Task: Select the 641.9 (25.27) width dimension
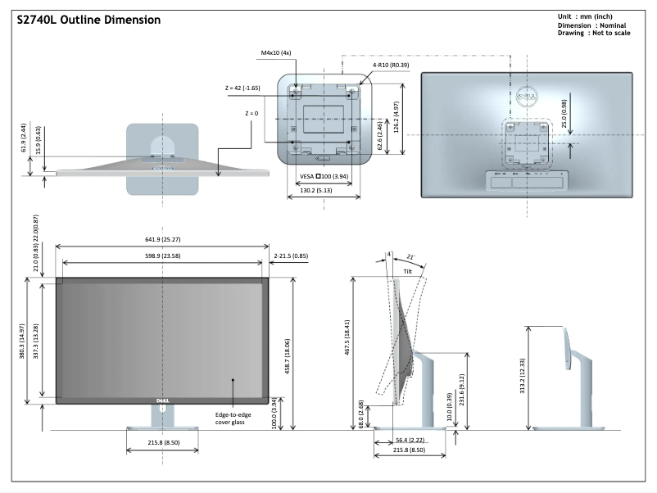point(162,240)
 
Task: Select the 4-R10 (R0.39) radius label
point(392,64)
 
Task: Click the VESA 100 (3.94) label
point(325,176)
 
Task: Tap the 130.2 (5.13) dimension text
point(323,189)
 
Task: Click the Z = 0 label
point(251,113)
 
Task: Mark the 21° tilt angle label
point(410,257)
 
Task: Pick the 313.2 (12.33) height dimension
point(522,365)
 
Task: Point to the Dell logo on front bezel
point(163,400)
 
